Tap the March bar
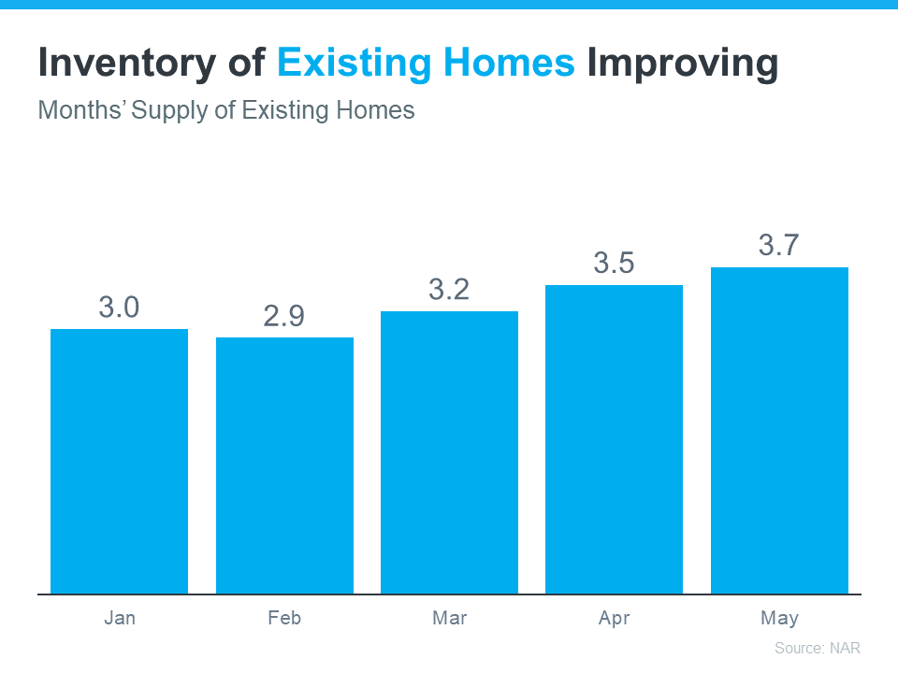click(x=449, y=452)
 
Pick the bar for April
click(x=614, y=439)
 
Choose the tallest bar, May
click(x=779, y=430)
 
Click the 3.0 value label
click(x=119, y=308)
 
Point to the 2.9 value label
click(x=283, y=316)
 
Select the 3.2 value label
click(x=449, y=290)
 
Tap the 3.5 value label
click(x=614, y=264)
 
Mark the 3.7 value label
click(x=778, y=246)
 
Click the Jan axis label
click(x=119, y=619)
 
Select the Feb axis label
click(x=284, y=619)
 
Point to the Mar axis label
click(x=449, y=619)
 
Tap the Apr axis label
click(x=614, y=619)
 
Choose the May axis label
click(x=779, y=619)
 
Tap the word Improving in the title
click(x=683, y=64)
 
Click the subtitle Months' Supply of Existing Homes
click(x=225, y=110)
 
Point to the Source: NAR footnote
click(x=817, y=648)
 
